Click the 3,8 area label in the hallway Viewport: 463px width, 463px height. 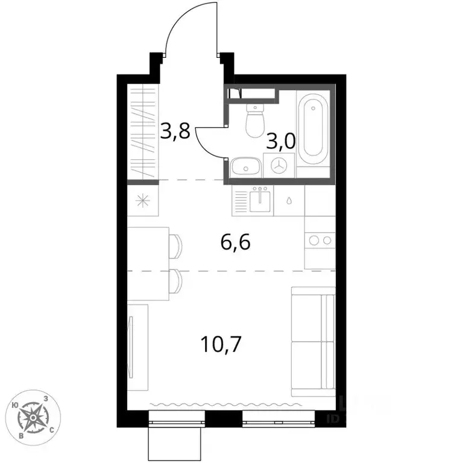pos(175,131)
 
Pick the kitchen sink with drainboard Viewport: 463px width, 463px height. pos(253,200)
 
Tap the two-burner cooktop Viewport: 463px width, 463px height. pos(320,240)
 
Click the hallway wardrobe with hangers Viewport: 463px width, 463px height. pos(143,131)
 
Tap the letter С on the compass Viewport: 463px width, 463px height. pos(52,429)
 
